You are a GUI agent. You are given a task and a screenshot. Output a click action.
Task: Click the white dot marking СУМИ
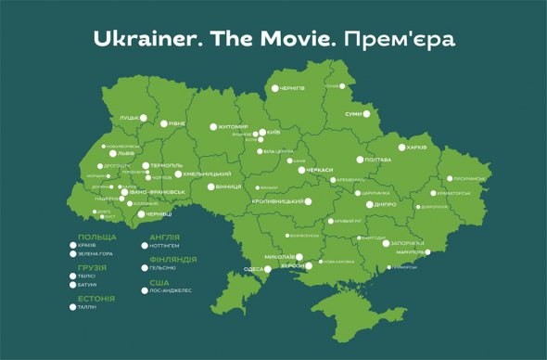(365, 114)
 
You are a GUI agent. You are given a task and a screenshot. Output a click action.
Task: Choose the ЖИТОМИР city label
(233, 126)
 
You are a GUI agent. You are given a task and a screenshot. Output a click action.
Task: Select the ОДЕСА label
(252, 269)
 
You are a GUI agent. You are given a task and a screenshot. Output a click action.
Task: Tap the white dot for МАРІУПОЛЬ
(427, 251)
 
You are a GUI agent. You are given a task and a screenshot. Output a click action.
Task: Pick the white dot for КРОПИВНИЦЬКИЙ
(308, 201)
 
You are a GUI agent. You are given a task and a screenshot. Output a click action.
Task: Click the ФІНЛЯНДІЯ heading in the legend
(172, 258)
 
